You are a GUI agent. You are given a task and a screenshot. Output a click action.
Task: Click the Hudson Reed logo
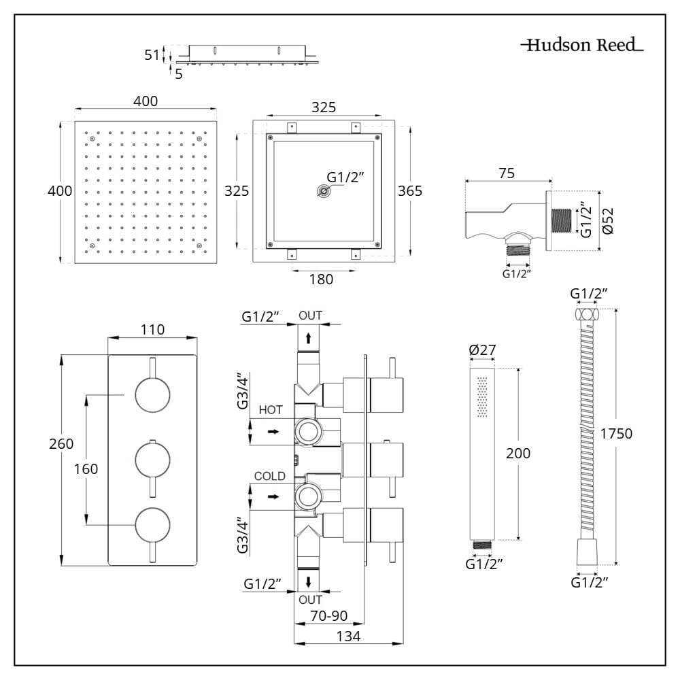click(582, 46)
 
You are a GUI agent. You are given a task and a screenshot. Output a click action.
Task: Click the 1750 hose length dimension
click(616, 433)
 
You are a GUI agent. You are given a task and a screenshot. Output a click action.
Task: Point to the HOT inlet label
click(271, 411)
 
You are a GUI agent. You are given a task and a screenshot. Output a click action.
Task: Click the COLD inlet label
click(270, 476)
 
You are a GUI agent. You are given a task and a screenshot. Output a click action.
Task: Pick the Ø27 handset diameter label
click(483, 350)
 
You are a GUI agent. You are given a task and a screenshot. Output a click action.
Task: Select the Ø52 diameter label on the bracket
click(609, 221)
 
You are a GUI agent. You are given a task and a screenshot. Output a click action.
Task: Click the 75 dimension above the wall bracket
click(507, 173)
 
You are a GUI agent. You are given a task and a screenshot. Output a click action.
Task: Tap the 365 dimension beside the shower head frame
click(409, 191)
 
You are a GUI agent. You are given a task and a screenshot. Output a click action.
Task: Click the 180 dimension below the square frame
click(322, 279)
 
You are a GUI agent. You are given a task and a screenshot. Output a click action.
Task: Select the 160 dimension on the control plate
click(86, 469)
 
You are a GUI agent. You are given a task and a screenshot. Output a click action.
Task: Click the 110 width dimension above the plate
click(152, 330)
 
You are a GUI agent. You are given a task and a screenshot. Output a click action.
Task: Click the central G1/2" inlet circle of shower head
click(324, 192)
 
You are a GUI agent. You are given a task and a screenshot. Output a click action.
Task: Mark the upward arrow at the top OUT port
click(309, 337)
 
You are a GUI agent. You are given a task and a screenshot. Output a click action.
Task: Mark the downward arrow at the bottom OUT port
click(309, 581)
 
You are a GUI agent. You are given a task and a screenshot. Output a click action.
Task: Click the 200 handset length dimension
click(518, 454)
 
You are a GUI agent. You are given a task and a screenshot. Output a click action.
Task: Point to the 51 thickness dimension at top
click(152, 55)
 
